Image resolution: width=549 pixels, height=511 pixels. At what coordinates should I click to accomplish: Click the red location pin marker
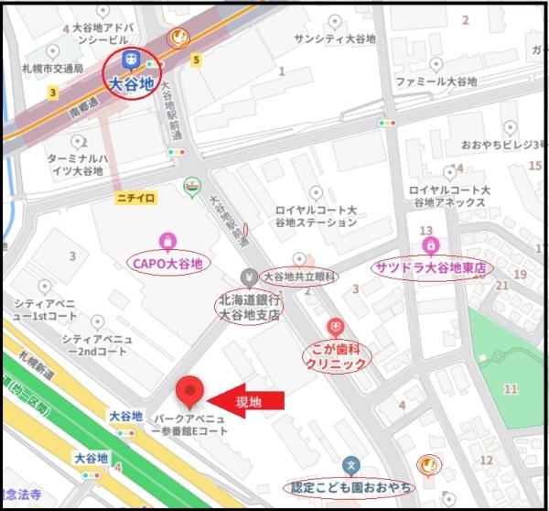(190, 391)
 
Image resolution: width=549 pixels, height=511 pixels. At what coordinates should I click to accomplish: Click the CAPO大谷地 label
(167, 264)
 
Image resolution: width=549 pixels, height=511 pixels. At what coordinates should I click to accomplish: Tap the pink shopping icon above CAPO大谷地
(167, 242)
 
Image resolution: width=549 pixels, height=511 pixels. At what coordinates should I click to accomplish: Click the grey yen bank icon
(248, 277)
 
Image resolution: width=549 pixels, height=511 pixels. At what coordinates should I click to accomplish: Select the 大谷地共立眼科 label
(299, 276)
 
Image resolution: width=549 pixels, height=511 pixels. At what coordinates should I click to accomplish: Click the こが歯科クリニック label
(336, 356)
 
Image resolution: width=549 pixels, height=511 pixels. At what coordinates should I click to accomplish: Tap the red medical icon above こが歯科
(336, 327)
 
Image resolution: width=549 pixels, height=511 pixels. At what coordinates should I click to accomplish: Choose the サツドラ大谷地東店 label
(431, 267)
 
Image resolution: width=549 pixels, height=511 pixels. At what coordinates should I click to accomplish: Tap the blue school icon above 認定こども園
(350, 466)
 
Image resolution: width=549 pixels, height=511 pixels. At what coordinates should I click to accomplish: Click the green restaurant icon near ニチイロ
(191, 186)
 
